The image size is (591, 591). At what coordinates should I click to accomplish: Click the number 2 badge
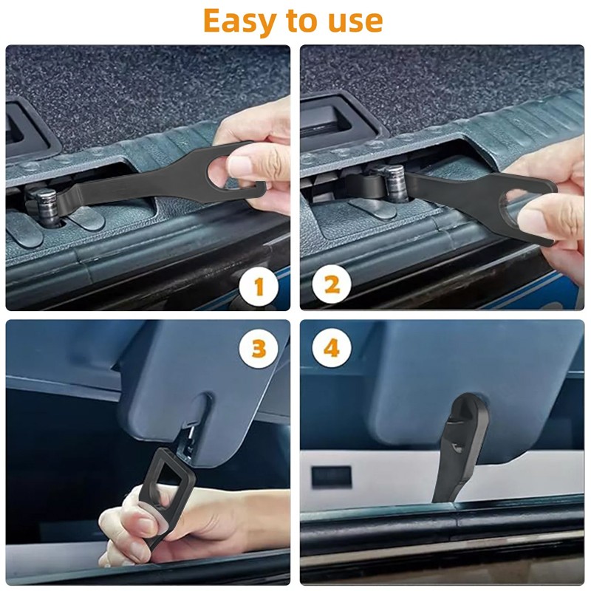pos(332,284)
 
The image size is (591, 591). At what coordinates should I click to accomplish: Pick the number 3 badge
pos(259,349)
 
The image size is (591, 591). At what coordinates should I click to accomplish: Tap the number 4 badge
pos(332,347)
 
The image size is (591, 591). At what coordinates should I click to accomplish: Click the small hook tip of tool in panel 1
pos(259,188)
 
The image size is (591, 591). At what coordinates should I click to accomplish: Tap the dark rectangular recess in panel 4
pos(331,476)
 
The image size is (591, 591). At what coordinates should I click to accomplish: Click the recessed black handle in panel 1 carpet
pos(27,127)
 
